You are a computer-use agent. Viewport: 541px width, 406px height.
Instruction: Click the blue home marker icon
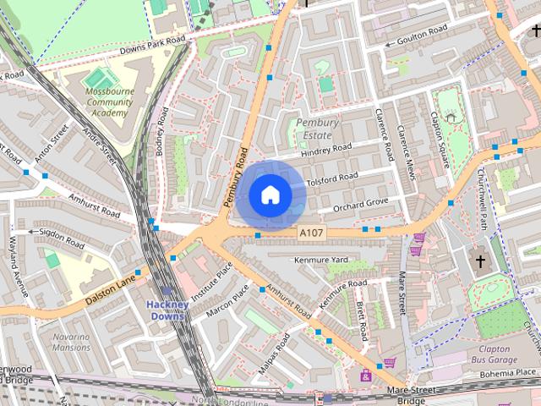[270, 195]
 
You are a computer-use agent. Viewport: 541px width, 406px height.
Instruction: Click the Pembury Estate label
[317, 129]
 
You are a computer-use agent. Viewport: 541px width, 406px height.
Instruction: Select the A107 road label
[311, 231]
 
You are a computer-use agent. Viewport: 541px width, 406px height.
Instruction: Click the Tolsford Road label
[332, 179]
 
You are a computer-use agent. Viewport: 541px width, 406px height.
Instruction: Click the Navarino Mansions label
[71, 342]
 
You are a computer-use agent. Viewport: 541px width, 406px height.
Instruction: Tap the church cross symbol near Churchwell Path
[481, 261]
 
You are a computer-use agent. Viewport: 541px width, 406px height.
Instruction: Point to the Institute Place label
[212, 282]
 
